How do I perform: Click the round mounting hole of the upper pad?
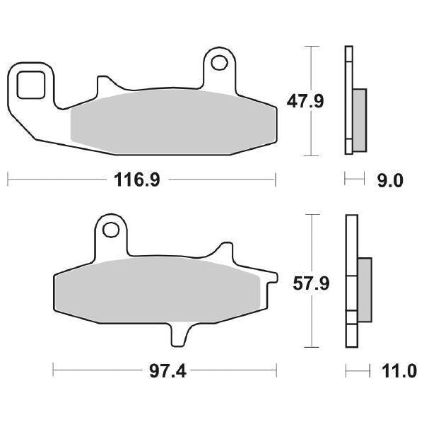pyautogui.click(x=220, y=63)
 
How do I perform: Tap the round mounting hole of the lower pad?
pyautogui.click(x=110, y=230)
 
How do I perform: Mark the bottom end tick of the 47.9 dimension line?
pyautogui.click(x=311, y=155)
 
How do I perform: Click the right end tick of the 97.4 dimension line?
pyautogui.click(x=275, y=370)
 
